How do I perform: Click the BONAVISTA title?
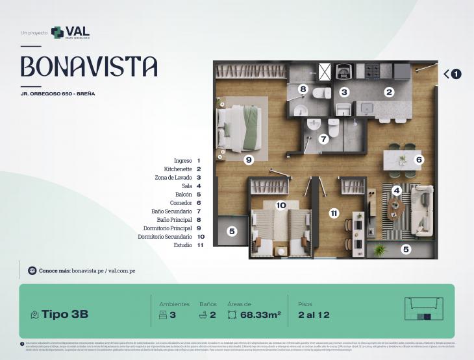click(89, 66)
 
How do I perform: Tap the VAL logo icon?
click(57, 32)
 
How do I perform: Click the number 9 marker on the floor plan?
click(248, 158)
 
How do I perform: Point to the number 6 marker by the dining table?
click(419, 159)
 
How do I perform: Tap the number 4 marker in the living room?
click(396, 191)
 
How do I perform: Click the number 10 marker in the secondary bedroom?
click(281, 205)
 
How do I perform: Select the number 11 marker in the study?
click(334, 212)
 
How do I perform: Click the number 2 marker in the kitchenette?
click(389, 92)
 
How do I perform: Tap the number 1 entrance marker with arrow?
click(456, 74)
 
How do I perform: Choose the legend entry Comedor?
click(180, 202)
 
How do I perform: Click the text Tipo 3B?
click(65, 315)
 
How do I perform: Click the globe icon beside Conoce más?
click(32, 270)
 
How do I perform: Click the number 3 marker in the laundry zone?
click(344, 92)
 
